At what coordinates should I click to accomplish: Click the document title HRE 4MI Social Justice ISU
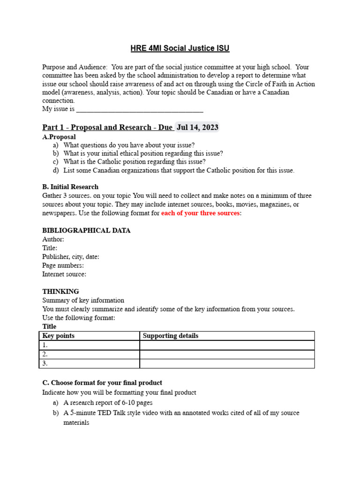tap(180, 48)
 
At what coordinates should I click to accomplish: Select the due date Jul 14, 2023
tap(197, 127)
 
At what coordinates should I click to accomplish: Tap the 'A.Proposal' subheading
tap(59, 137)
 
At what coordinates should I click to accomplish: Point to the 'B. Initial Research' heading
tap(70, 187)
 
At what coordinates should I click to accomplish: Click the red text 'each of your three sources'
tap(200, 213)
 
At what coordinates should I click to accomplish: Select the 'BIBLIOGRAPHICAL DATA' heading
tap(86, 230)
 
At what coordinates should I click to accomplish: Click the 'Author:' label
tap(53, 239)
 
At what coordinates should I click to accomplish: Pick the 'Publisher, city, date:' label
tap(70, 256)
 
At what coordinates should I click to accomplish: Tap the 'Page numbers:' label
tap(63, 265)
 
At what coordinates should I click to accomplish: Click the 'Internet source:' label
tap(64, 274)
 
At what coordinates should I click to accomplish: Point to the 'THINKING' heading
tap(60, 292)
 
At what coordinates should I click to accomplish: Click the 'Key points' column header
tap(59, 336)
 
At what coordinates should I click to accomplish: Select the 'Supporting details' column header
tap(170, 336)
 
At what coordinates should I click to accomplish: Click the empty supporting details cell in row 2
tap(227, 354)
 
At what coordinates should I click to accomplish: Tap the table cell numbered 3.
tap(89, 363)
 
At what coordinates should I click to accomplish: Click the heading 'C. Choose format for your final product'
tap(102, 382)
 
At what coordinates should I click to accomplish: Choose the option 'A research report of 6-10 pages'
tap(108, 403)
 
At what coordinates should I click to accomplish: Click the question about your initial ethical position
tap(143, 153)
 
